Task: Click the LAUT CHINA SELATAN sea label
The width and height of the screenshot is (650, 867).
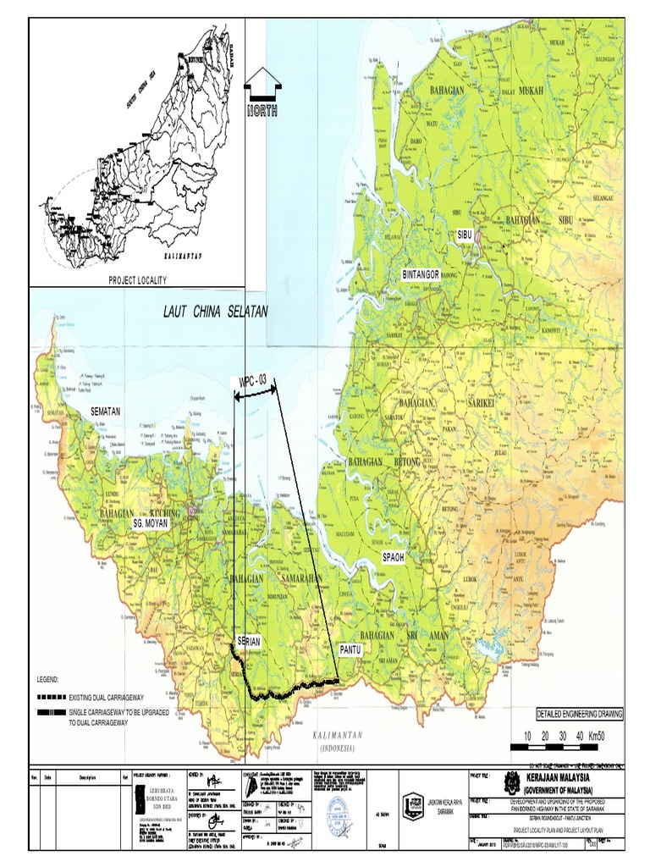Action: coord(216,312)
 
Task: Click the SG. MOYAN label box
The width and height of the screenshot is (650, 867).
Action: coord(151,524)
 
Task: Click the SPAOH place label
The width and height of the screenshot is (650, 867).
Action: coord(394,557)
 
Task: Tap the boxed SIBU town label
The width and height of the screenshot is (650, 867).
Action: coord(463,233)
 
